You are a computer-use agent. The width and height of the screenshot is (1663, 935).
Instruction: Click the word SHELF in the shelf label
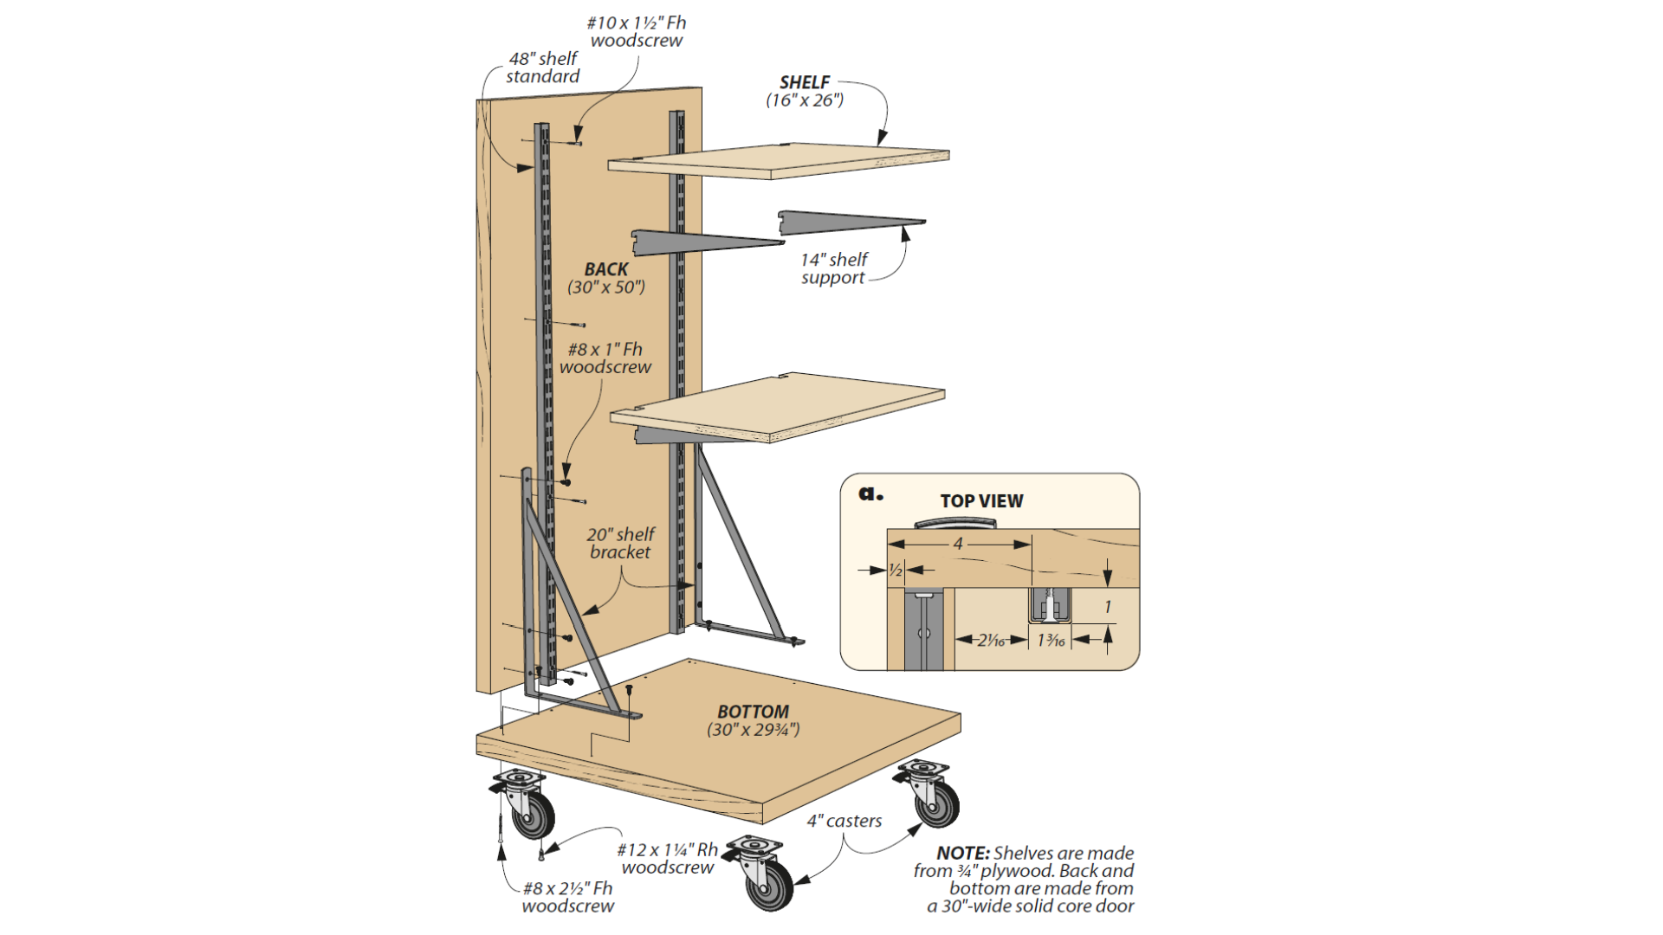[x=805, y=82]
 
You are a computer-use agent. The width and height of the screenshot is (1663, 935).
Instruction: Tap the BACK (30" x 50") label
[x=606, y=278]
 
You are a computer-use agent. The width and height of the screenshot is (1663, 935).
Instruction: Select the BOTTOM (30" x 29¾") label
[x=753, y=720]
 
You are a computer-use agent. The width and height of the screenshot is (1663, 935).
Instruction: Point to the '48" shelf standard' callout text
[x=543, y=68]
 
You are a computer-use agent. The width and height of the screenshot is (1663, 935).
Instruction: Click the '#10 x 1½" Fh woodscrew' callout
[x=637, y=32]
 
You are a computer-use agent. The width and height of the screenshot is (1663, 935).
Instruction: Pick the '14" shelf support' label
[x=833, y=268]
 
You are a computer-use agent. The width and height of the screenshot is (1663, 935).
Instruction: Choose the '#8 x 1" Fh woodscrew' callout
[x=605, y=358]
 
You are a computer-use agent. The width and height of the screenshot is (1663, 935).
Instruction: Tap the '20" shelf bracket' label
[x=620, y=543]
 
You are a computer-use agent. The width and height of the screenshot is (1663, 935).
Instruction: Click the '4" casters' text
[x=844, y=821]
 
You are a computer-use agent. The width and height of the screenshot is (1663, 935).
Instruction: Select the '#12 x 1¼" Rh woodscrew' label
[x=668, y=859]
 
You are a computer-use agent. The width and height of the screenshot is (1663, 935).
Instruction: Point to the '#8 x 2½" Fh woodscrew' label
[x=568, y=897]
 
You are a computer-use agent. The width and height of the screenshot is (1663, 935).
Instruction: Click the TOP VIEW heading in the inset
[x=981, y=501]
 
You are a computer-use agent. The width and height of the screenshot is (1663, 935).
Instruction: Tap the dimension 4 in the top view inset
[x=958, y=544]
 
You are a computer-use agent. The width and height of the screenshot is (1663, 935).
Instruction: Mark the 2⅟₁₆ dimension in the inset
[x=991, y=641]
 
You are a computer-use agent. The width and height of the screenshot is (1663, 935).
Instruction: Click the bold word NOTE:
[x=962, y=854]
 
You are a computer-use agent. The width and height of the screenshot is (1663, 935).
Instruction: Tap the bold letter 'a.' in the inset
[x=870, y=494]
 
